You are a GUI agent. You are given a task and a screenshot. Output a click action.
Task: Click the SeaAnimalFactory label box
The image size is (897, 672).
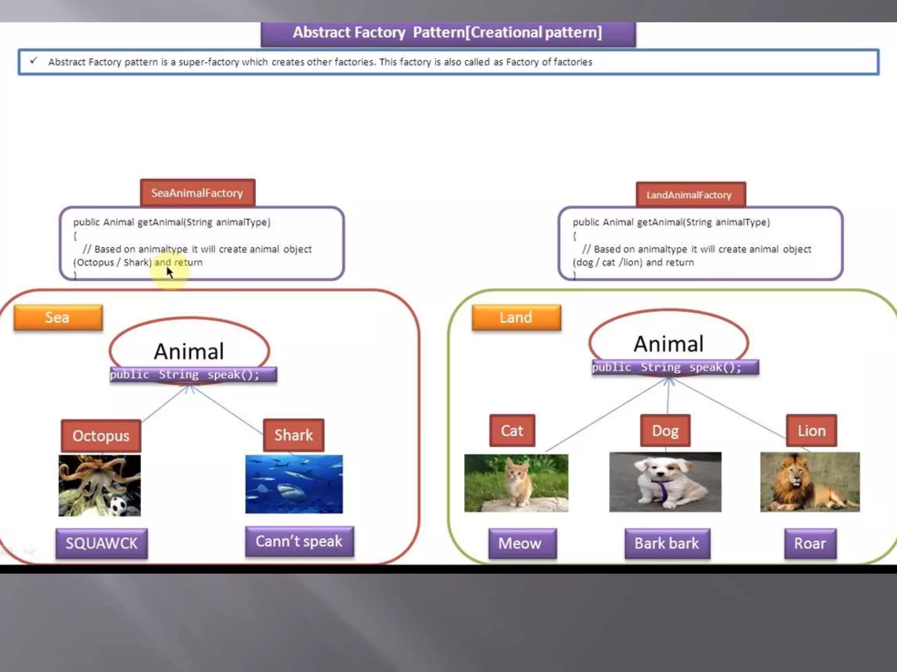(198, 193)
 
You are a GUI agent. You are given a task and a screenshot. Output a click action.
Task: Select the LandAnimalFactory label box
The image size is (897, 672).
(690, 195)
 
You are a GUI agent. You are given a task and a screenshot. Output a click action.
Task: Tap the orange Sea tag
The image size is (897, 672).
(58, 317)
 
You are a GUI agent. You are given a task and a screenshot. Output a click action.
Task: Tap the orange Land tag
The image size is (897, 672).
(516, 317)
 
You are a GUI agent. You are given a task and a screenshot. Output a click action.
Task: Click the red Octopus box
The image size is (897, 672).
(101, 436)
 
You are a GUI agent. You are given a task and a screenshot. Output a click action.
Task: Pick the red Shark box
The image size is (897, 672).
(294, 435)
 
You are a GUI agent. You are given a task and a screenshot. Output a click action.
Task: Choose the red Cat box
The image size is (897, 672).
(512, 430)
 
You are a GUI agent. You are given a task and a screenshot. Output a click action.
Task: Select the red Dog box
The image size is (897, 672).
(665, 430)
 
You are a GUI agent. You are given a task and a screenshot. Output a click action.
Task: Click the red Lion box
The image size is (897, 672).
(811, 430)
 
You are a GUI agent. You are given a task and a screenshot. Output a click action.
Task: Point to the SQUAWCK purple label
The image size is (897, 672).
(102, 543)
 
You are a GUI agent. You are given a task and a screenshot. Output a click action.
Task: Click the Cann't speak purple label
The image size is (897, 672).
(300, 541)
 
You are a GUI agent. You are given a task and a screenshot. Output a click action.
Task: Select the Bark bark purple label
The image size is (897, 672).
(667, 543)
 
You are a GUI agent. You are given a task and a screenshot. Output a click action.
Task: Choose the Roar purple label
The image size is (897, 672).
(810, 543)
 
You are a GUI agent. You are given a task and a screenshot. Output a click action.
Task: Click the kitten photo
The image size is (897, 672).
(516, 483)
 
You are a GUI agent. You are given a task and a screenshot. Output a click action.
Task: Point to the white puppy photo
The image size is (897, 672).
(665, 482)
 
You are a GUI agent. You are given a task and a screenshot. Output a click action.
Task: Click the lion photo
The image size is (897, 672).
(810, 482)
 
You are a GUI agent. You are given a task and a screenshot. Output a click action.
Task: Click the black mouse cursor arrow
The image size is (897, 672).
(170, 272)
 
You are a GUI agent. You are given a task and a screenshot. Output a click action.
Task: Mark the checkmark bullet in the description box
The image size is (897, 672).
(34, 60)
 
